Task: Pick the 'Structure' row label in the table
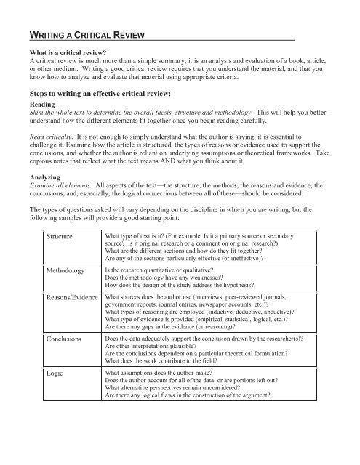(x=60, y=238)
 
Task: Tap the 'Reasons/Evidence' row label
(x=73, y=298)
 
